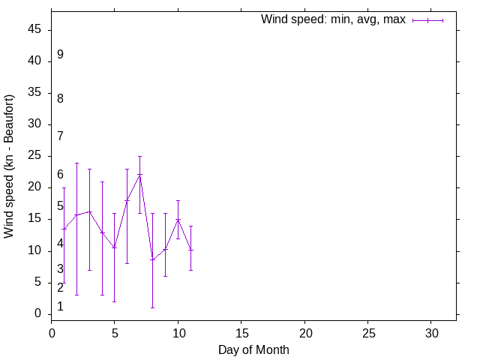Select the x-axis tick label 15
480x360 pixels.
(x=241, y=332)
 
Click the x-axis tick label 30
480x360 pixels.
(x=431, y=332)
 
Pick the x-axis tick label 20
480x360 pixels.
(x=305, y=332)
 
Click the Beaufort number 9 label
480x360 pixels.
(x=60, y=55)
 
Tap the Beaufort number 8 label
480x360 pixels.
(x=60, y=98)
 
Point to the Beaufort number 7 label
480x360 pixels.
(x=60, y=136)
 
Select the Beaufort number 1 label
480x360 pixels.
(x=60, y=307)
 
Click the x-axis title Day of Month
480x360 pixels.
(x=253, y=349)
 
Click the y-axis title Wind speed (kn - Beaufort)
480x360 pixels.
(x=10, y=166)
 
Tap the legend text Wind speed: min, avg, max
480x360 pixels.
(x=333, y=19)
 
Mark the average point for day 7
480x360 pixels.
(x=140, y=175)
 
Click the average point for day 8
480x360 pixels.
(x=152, y=259)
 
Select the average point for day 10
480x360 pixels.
(x=178, y=219)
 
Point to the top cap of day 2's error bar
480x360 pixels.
(x=76, y=163)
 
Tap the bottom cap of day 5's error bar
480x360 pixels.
(x=115, y=301)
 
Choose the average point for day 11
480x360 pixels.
(x=190, y=250)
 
